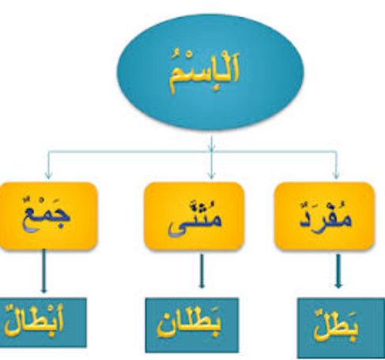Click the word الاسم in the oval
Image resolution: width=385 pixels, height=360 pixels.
click(204, 70)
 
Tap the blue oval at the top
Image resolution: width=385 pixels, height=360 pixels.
click(210, 72)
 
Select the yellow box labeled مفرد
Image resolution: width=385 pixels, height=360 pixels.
click(324, 216)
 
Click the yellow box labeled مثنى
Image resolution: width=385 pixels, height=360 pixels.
click(194, 216)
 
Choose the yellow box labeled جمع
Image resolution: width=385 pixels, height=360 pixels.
click(48, 216)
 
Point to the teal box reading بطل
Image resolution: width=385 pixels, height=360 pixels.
click(342, 328)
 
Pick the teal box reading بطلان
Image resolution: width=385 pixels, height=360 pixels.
click(192, 325)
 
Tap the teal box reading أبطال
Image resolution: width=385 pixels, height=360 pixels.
click(43, 322)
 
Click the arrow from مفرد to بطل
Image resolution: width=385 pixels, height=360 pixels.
click(338, 271)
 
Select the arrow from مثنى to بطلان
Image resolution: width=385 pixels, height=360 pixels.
click(202, 271)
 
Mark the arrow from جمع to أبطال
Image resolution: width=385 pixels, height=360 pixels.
click(43, 271)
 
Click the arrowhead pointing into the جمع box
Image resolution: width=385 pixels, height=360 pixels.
click(48, 176)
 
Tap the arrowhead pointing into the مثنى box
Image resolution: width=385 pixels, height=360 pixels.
click(211, 176)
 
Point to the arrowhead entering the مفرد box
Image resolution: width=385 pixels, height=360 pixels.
click(335, 176)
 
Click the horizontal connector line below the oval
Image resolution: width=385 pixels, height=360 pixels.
click(192, 151)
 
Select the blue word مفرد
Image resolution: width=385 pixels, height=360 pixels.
click(326, 216)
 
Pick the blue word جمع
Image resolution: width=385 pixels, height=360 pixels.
click(46, 214)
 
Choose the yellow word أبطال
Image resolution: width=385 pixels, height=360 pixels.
click(35, 321)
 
